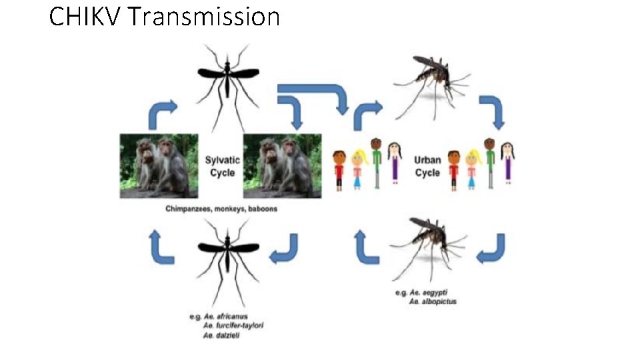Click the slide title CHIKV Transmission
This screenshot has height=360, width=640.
click(164, 17)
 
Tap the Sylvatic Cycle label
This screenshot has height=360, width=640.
click(222, 166)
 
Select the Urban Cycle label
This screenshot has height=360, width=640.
click(427, 166)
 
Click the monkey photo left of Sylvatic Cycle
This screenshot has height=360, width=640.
click(159, 166)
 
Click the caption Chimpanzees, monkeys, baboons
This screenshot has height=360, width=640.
click(221, 209)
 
